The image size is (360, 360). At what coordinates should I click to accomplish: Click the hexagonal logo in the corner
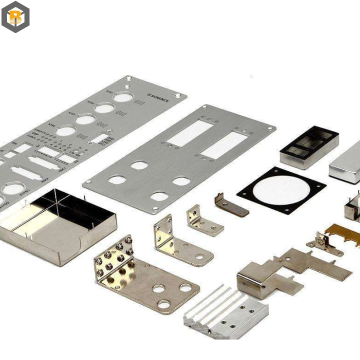[15, 16]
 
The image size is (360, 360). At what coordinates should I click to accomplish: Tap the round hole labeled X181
[122, 96]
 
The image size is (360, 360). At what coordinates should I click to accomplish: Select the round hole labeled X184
[65, 131]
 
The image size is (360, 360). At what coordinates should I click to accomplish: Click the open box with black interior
[309, 147]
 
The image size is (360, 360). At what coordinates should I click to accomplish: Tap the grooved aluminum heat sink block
[225, 312]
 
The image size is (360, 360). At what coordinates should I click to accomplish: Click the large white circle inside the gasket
[280, 190]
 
